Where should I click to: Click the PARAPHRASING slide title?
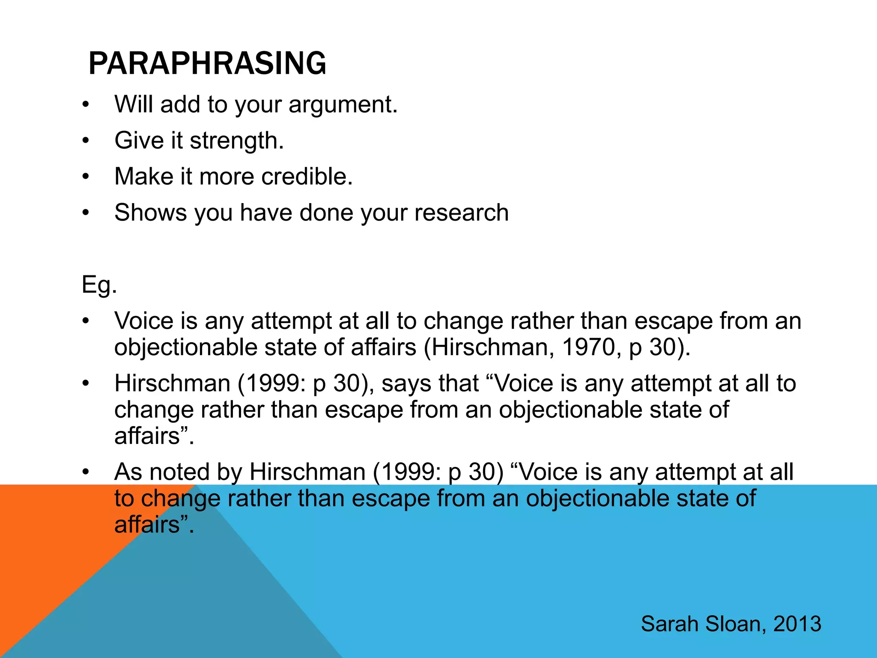click(207, 63)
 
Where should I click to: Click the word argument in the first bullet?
click(343, 105)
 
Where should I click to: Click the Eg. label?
click(99, 284)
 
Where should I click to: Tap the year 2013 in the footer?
click(797, 624)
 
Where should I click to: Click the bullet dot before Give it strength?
click(86, 141)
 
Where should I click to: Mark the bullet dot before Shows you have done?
click(86, 212)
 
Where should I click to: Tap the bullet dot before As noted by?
click(86, 472)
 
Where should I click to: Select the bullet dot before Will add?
click(86, 105)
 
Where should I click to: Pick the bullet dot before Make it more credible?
click(86, 176)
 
